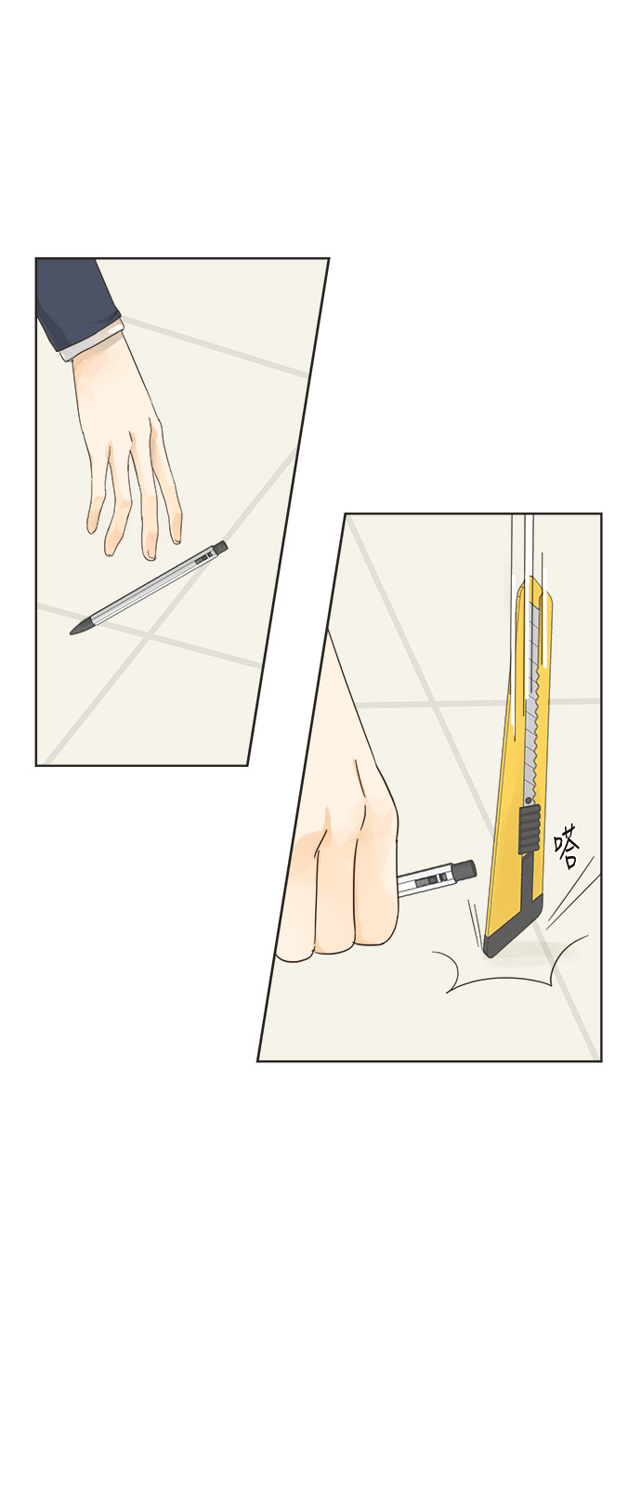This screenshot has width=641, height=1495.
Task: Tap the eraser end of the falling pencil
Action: (x=221, y=547)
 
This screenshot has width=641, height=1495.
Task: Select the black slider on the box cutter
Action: (x=529, y=829)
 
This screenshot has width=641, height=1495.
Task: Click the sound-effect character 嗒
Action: (x=567, y=846)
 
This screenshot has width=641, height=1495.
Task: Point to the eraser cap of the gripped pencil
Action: (x=464, y=870)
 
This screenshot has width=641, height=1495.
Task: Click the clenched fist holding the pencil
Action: (x=341, y=888)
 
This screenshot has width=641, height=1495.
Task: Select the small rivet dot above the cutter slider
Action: (x=529, y=799)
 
